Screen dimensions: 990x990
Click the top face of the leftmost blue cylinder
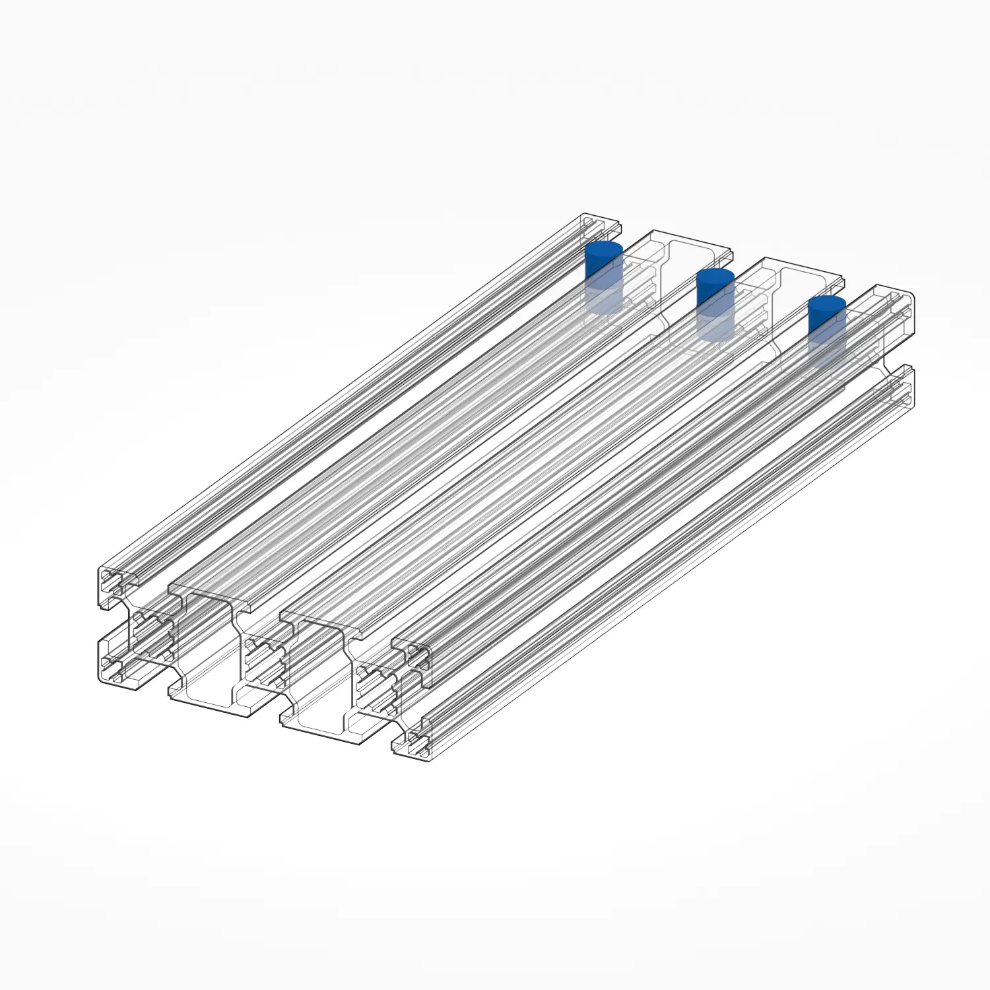pos(604,249)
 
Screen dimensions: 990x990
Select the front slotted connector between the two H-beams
pos(264,660)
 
